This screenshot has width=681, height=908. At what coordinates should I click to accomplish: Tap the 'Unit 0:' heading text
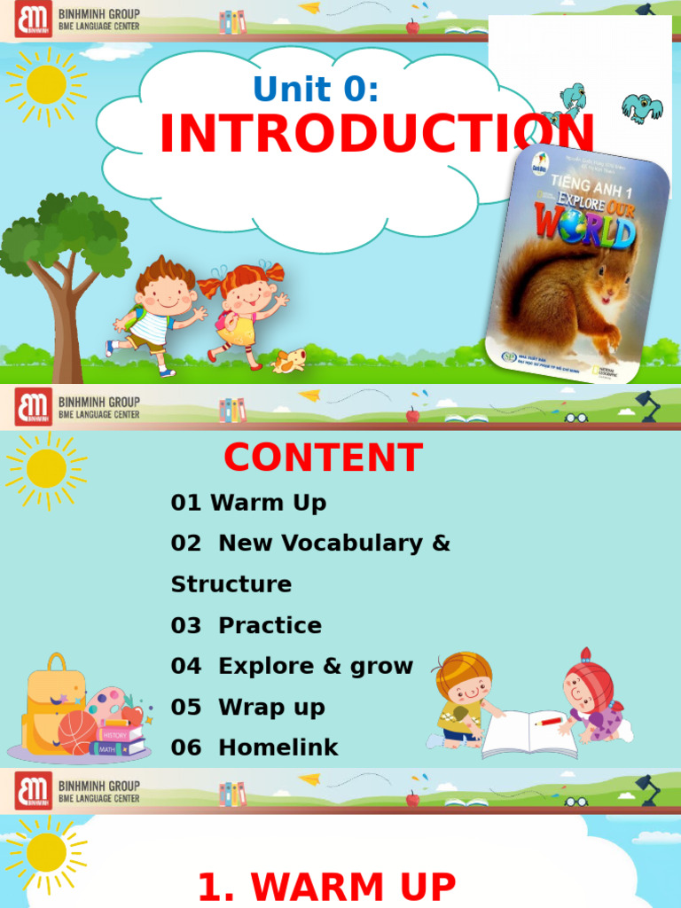coord(317,89)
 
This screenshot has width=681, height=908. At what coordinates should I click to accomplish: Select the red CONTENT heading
coord(323,458)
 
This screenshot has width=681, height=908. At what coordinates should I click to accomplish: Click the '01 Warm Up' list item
coord(248,503)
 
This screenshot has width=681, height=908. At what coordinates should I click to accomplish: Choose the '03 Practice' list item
coord(247,625)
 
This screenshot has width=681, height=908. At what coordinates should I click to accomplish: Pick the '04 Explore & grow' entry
coord(292,666)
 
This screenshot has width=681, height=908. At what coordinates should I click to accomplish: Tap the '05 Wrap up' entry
coord(248,707)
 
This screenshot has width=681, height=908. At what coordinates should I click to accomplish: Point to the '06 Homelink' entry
coord(254,748)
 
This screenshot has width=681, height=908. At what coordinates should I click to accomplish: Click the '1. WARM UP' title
coord(326,887)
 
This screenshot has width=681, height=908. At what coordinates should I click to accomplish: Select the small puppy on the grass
coord(289,360)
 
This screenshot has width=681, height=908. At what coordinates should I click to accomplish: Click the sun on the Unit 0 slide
coord(46,85)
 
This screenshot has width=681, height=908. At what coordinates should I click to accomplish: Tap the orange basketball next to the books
coord(77,732)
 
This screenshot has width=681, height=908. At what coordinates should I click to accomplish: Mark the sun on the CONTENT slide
coord(46,468)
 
